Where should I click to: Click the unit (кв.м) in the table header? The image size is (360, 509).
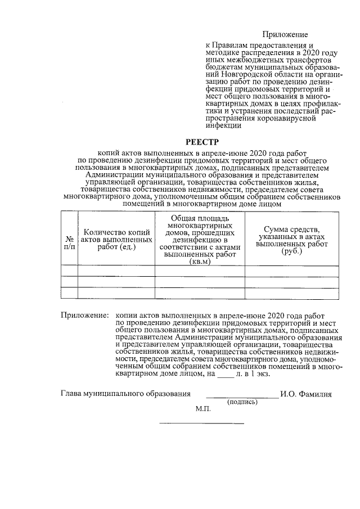(200, 261)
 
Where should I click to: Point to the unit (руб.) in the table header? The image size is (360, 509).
(291, 251)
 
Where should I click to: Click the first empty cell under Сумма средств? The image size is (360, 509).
(291, 271)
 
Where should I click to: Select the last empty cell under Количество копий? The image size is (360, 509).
(116, 292)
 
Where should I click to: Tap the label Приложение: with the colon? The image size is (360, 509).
(84, 317)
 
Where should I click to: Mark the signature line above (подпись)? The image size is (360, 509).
(242, 397)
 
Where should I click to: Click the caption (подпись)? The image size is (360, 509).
(242, 402)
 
